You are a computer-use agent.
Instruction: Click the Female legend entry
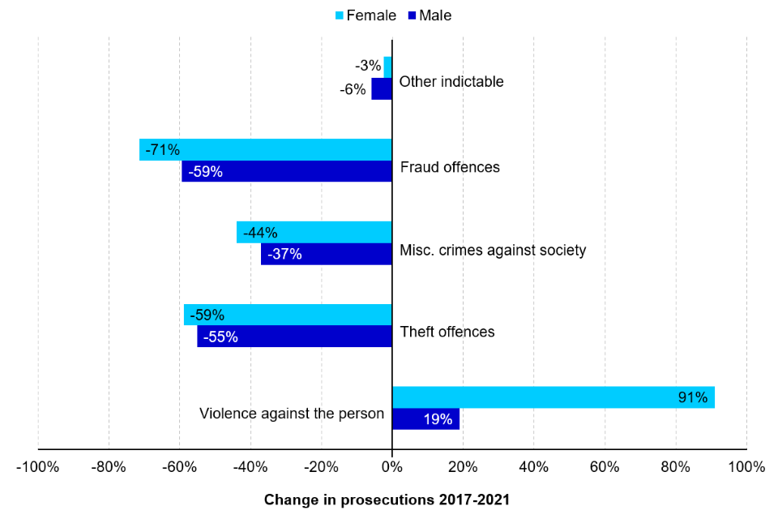[x=365, y=15]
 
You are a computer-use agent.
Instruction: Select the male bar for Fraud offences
[x=287, y=171]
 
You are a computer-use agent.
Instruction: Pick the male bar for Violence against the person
[x=425, y=419]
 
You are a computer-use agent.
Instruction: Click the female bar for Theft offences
[x=288, y=315]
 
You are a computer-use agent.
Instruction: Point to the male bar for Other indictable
[x=382, y=88]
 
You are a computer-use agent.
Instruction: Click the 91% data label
[x=693, y=397]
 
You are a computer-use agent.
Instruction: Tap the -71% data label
[x=162, y=149]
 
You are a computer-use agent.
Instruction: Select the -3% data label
[x=368, y=66]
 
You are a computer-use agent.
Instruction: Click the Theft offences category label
[x=447, y=332]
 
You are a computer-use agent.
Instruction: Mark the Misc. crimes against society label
[x=493, y=250]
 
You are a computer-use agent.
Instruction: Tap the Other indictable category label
[x=451, y=81]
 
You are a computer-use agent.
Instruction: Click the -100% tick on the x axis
[x=38, y=467]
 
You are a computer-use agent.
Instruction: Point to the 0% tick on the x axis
[x=392, y=467]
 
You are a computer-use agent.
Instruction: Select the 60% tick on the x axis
[x=605, y=467]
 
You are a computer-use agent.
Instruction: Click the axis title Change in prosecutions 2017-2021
[x=387, y=500]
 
